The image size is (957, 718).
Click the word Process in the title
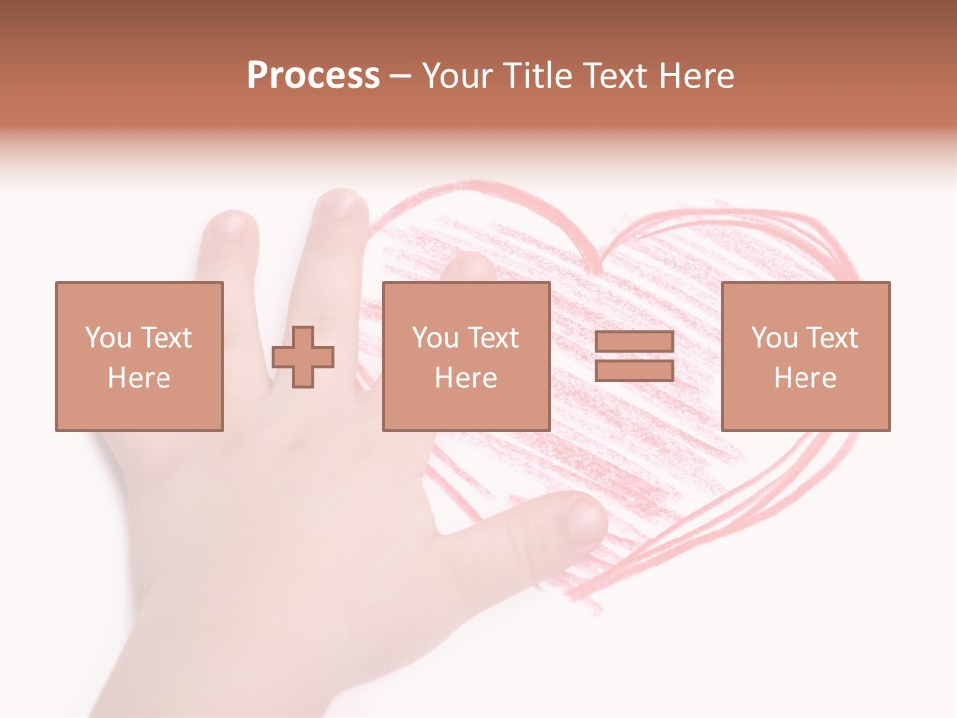pos(313,76)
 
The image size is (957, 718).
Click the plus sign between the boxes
pos(303,357)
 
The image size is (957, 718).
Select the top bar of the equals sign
pos(634,342)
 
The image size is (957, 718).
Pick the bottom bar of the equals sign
pos(634,370)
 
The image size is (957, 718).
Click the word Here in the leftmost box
pos(139,378)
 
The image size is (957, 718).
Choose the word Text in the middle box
pos(492,338)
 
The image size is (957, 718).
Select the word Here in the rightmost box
pos(804,378)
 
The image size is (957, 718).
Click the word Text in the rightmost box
pos(831,338)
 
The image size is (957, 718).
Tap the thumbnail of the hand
pos(586,518)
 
